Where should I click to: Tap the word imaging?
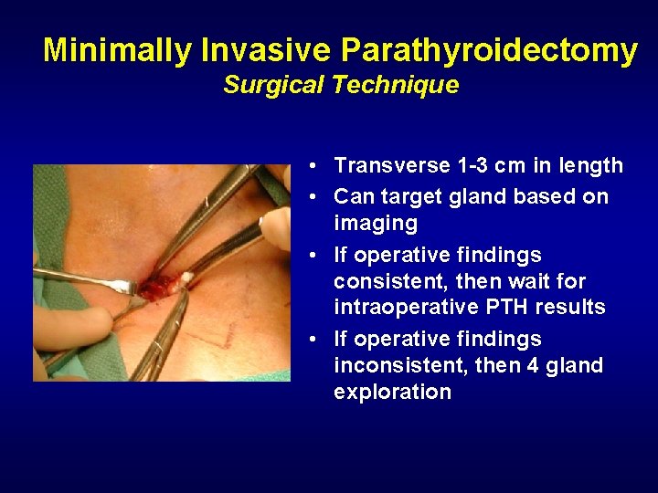click(x=376, y=224)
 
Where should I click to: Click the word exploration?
click(x=393, y=393)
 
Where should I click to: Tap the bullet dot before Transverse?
click(x=313, y=167)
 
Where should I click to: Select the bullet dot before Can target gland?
click(x=313, y=197)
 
